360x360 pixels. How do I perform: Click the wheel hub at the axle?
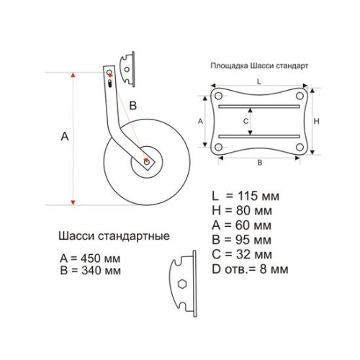click(148, 162)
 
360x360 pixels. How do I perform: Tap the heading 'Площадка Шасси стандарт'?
click(259, 65)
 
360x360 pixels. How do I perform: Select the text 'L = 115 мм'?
click(241, 197)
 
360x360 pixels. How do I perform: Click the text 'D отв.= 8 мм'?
click(250, 269)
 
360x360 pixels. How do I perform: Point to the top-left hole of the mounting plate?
click(218, 95)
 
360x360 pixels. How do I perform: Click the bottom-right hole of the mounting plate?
click(299, 147)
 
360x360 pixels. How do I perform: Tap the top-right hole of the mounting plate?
click(299, 95)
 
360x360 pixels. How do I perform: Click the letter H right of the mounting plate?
click(325, 121)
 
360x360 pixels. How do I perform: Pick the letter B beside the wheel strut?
click(132, 106)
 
